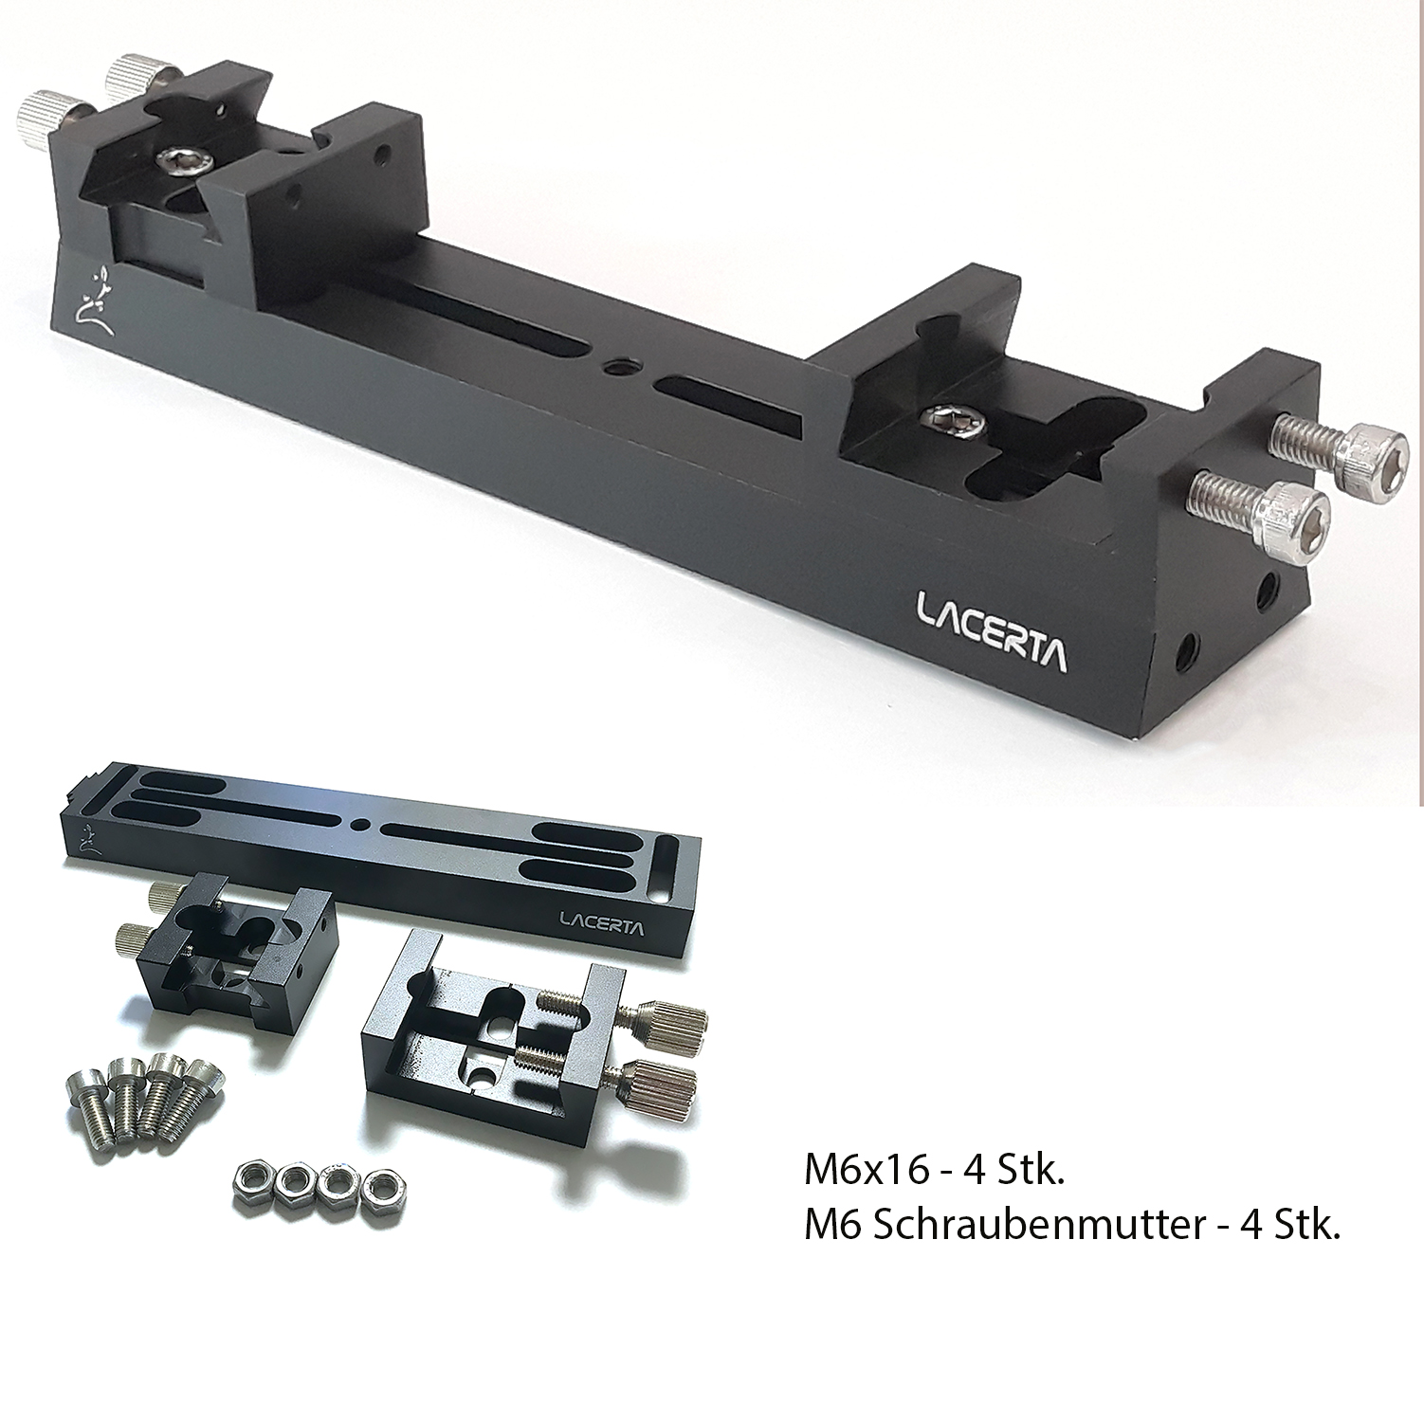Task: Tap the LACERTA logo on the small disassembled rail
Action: click(602, 922)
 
